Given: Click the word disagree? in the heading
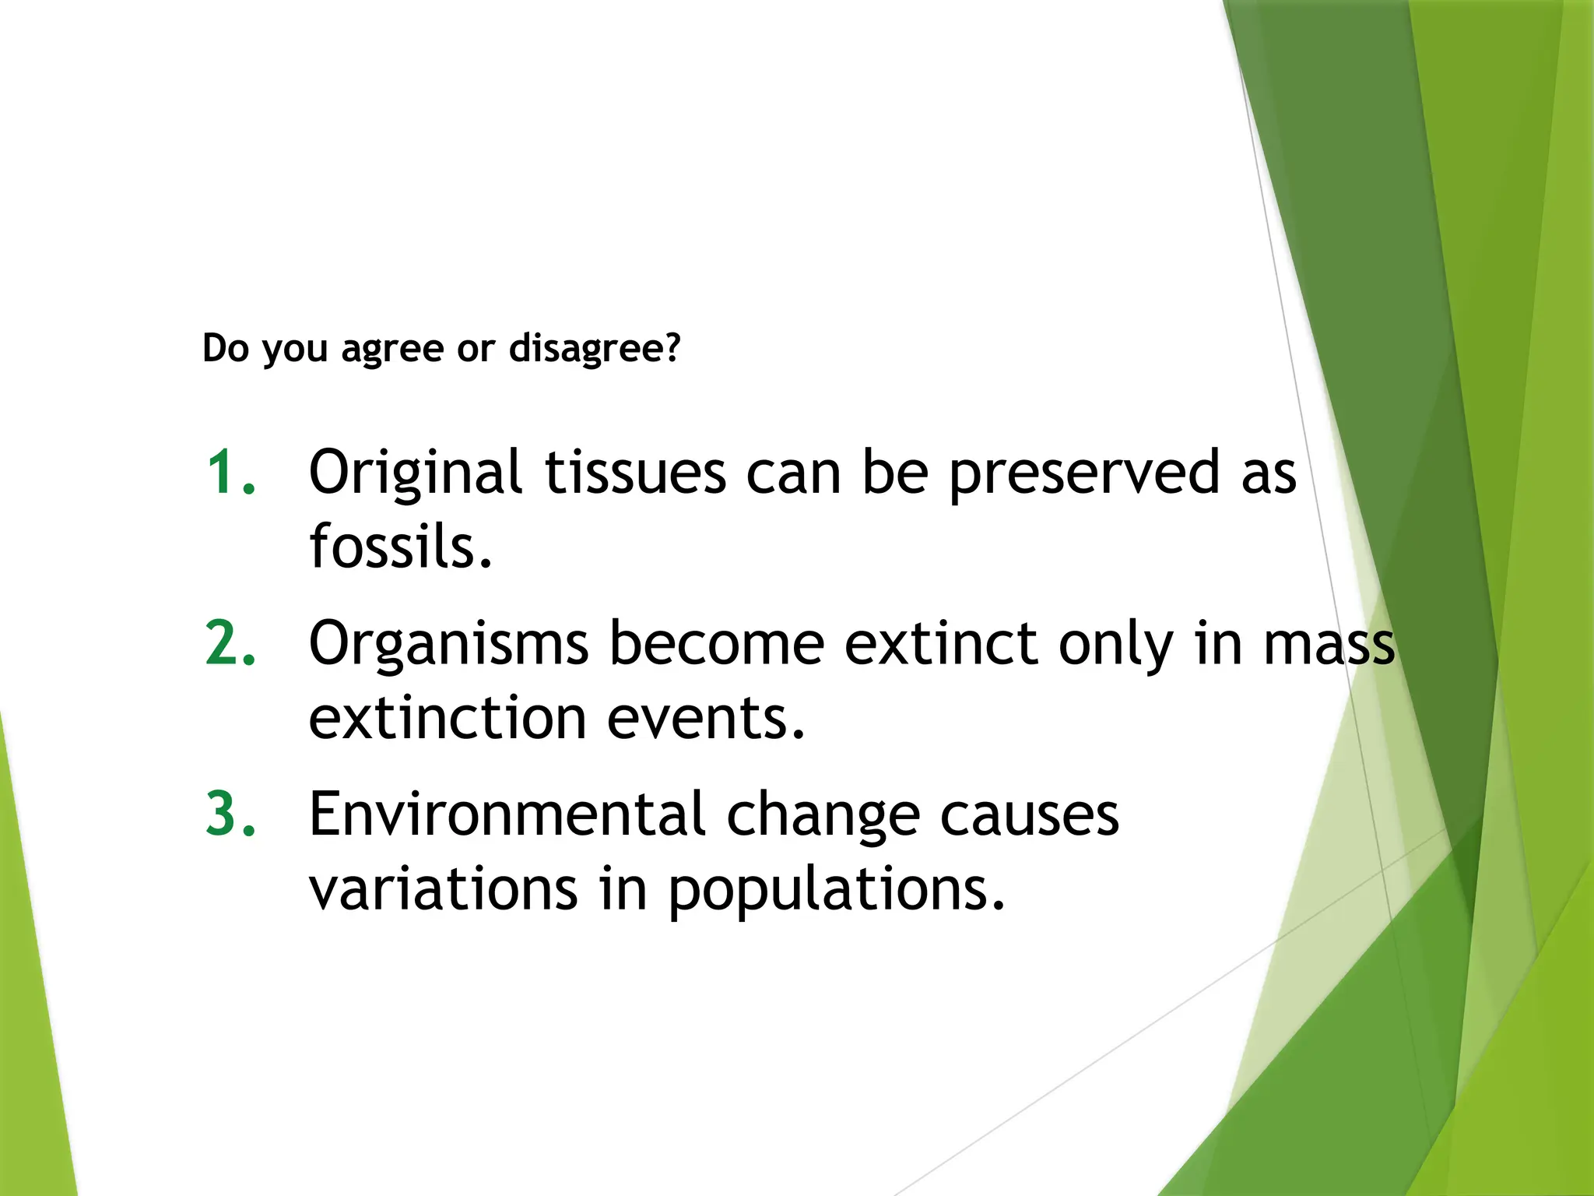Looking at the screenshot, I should (x=595, y=348).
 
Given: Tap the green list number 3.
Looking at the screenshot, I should (x=230, y=814).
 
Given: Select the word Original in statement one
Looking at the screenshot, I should (x=415, y=473).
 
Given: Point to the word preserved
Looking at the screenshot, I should (x=1084, y=473).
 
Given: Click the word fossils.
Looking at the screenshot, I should (x=401, y=547).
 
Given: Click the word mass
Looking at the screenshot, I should (x=1329, y=645).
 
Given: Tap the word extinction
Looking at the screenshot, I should (x=448, y=718).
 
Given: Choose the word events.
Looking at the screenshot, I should (x=705, y=718).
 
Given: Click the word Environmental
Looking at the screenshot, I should (x=507, y=814).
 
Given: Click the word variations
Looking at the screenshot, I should (x=444, y=889).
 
